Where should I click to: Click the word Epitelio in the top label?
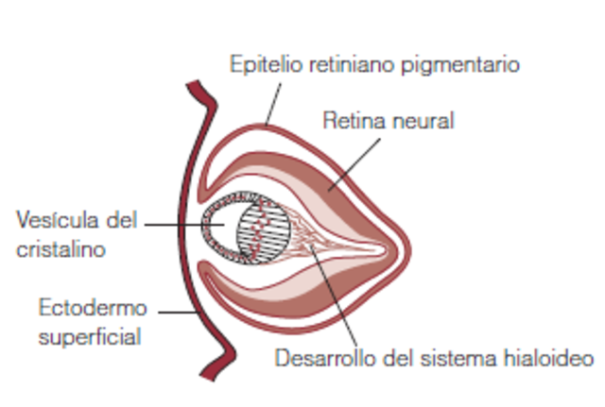click(257, 65)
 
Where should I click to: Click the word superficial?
click(89, 335)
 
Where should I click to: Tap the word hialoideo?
click(545, 360)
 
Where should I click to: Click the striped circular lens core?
click(259, 231)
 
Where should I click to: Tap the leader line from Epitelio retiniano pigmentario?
click(273, 104)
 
